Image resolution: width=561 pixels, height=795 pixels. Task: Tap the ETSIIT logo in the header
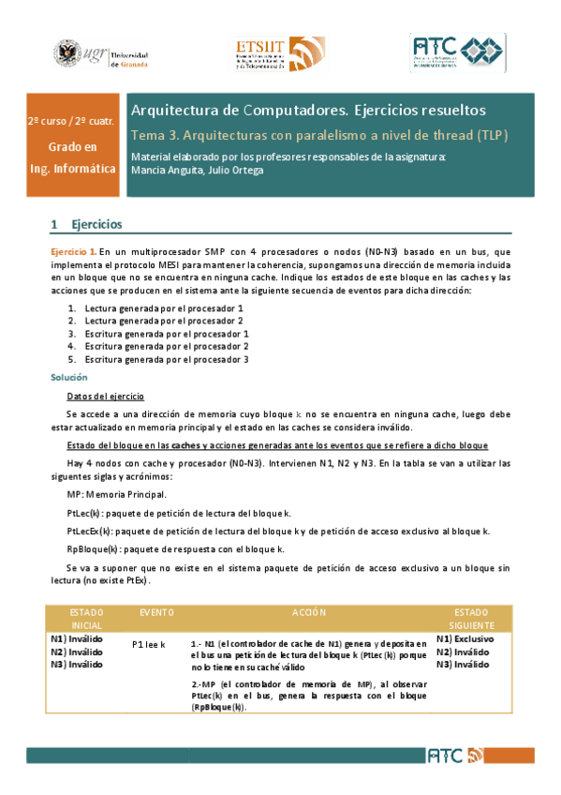[278, 54]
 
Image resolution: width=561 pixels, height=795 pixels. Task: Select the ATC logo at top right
[456, 54]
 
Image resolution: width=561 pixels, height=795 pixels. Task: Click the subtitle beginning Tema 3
[319, 134]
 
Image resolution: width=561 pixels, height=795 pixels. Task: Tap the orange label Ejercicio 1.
[73, 253]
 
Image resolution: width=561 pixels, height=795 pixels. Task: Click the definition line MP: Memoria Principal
[117, 493]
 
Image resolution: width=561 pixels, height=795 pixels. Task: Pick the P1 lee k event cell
[149, 645]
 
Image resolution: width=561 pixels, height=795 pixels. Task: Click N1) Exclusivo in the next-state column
[465, 638]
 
